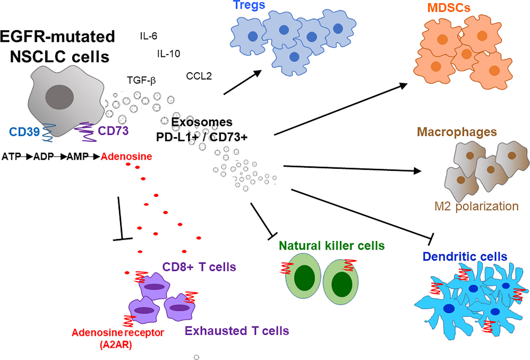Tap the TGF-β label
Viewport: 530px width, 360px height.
coord(141,80)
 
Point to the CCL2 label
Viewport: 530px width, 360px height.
coord(199,76)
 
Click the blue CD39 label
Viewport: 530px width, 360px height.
coord(24,131)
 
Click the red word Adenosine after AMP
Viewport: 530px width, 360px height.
coord(127,157)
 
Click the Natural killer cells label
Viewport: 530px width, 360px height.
coord(331,245)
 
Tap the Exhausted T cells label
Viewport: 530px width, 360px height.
coord(237,331)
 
